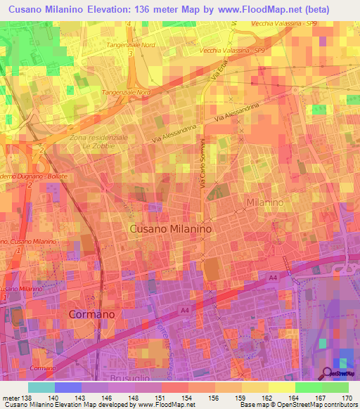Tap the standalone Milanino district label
264,202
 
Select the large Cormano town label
91,314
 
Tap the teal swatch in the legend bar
41,387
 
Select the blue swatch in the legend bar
68,387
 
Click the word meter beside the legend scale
10,397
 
